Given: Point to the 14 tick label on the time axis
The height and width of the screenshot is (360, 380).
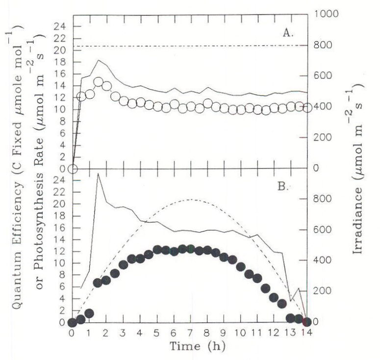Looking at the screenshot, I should coord(307,333).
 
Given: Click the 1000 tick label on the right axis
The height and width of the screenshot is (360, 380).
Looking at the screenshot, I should coord(323,14).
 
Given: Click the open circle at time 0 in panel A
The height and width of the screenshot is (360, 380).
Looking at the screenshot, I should coord(73,169).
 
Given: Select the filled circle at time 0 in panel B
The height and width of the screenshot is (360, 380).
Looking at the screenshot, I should coord(73,322).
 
